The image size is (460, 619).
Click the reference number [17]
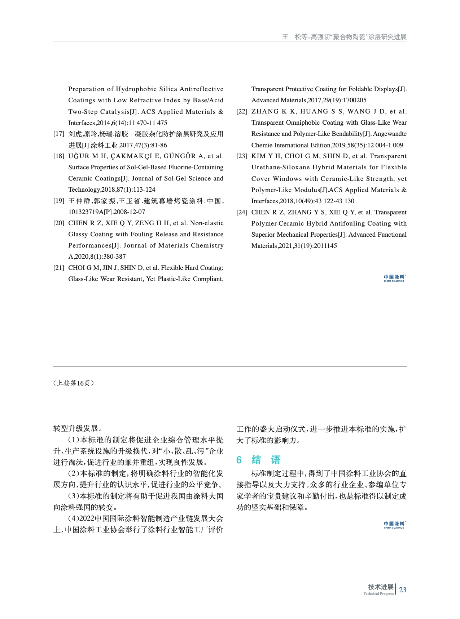(x=59, y=134)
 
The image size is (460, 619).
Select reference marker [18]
(x=59, y=156)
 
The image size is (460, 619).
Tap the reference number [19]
(x=59, y=201)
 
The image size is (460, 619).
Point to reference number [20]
(x=59, y=223)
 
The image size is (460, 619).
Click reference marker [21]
(x=59, y=268)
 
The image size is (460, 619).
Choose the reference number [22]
(x=242, y=112)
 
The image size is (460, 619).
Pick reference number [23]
(x=242, y=156)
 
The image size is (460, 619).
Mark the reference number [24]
(x=242, y=213)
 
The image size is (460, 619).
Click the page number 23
(x=403, y=590)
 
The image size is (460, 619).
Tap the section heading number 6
(x=239, y=460)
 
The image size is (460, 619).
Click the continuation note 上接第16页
(x=74, y=383)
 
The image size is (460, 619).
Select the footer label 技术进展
(x=381, y=587)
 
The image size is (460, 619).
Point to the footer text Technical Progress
(x=378, y=594)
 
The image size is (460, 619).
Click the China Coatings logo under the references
(x=394, y=278)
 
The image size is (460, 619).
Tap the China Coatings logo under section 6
(x=394, y=525)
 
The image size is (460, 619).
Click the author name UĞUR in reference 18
(x=79, y=156)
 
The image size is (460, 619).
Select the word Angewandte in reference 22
(x=390, y=134)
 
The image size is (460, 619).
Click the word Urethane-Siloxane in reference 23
(x=280, y=168)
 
